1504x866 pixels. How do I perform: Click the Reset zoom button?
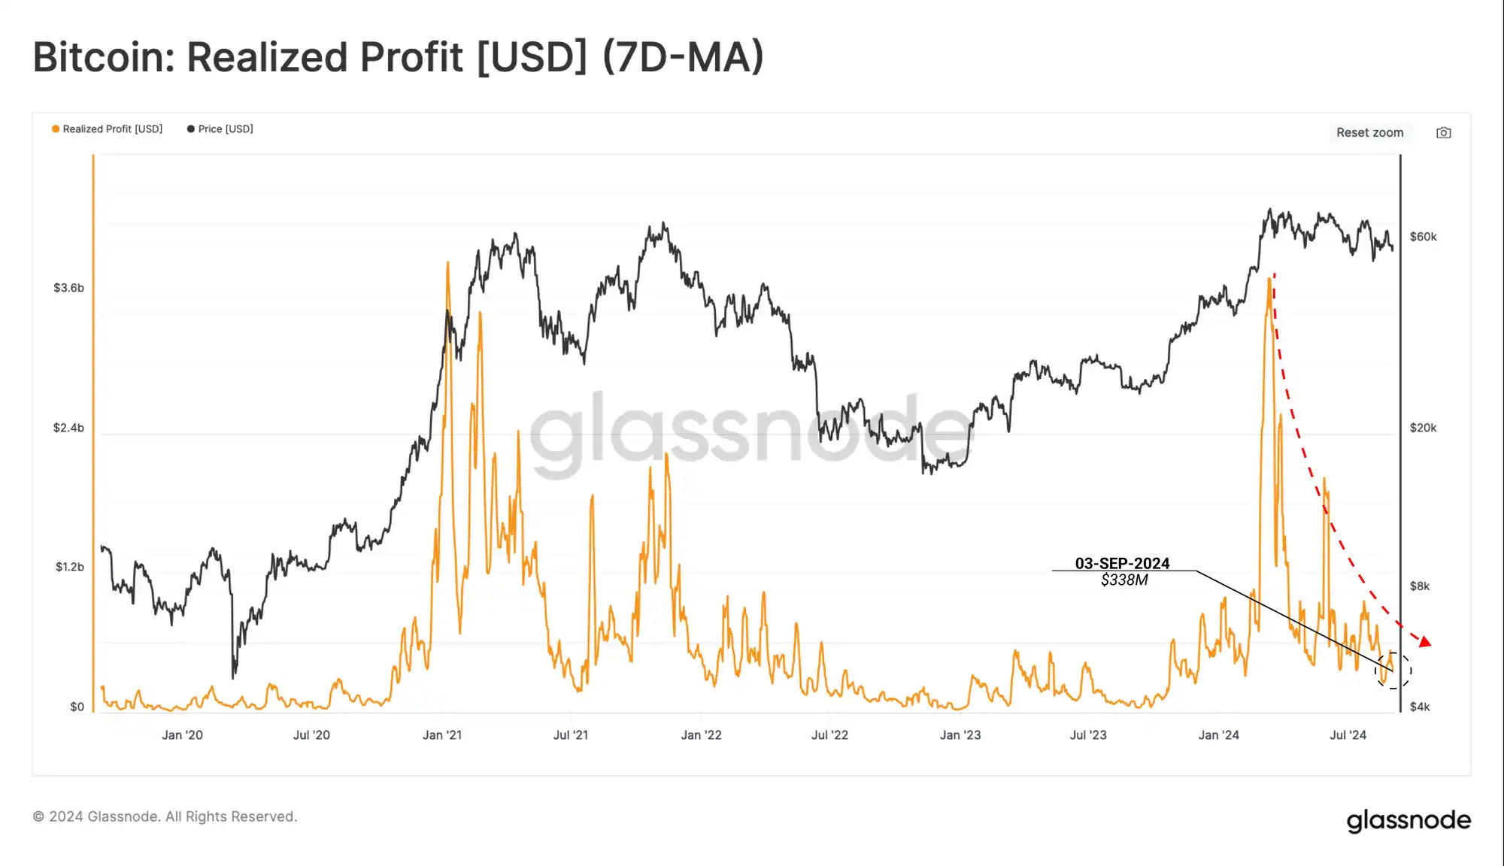[x=1369, y=132]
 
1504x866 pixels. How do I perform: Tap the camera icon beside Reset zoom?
[x=1443, y=133]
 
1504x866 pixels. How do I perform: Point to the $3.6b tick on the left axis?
[x=68, y=288]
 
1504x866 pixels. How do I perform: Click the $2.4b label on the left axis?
[x=68, y=428]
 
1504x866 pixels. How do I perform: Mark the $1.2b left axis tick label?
[x=69, y=567]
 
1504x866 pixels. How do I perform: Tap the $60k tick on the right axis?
[x=1423, y=237]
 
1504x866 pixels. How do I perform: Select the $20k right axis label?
[x=1423, y=428]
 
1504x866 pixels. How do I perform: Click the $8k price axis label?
[x=1419, y=586]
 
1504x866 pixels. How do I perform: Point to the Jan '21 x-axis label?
[x=442, y=735]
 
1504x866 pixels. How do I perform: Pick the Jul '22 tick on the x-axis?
[x=829, y=735]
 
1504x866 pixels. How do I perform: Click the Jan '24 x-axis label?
[x=1218, y=735]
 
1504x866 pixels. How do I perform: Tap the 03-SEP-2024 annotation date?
[x=1122, y=563]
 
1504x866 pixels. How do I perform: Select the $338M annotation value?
[x=1124, y=580]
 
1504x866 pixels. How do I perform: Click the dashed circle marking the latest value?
[x=1393, y=671]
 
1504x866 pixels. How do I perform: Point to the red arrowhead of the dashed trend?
[x=1424, y=641]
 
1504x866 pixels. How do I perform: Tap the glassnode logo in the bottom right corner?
[x=1408, y=820]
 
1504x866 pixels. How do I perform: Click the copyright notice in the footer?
[x=165, y=816]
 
